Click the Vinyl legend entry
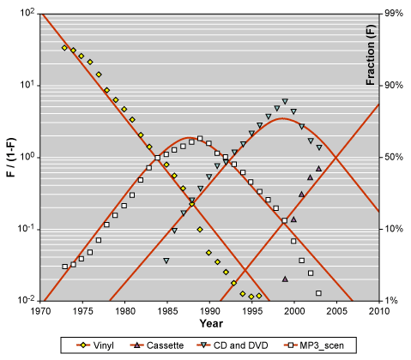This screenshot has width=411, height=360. [95, 345]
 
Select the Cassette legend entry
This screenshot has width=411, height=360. [157, 345]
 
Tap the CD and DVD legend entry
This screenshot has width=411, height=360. [233, 345]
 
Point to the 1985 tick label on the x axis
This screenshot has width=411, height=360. [167, 311]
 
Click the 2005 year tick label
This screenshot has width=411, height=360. [336, 311]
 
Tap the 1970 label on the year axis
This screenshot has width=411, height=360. [40, 311]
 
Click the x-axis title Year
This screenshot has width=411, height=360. [211, 323]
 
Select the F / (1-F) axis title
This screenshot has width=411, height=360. [11, 158]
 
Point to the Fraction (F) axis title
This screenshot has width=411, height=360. [371, 55]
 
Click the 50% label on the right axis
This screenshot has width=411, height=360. [391, 157]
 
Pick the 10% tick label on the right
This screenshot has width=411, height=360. [391, 229]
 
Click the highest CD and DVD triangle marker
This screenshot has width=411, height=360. [285, 101]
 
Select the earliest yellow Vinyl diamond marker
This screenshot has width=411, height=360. [64, 48]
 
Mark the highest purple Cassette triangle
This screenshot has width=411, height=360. [319, 169]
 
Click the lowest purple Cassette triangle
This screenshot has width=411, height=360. [285, 279]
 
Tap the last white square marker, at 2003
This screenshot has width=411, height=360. [319, 293]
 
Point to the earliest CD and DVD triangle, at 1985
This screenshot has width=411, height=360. [166, 261]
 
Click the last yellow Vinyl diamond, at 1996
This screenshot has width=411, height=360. [259, 296]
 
